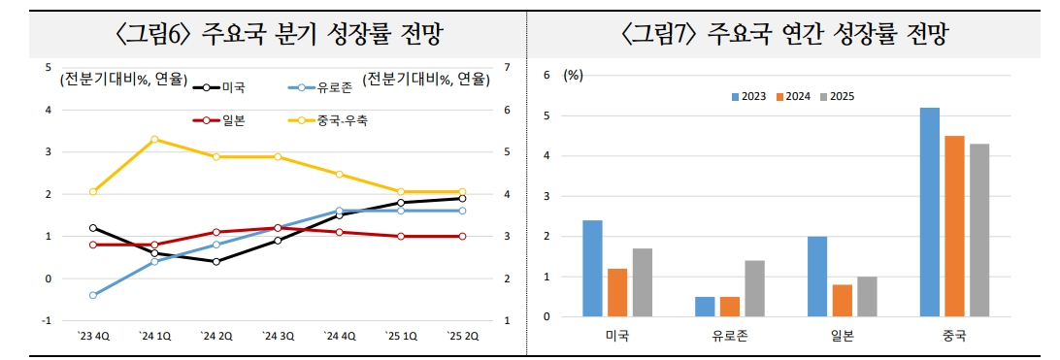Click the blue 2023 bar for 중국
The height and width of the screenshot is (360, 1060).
click(930, 212)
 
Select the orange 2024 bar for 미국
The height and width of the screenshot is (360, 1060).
click(617, 292)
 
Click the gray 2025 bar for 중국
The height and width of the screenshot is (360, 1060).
click(978, 230)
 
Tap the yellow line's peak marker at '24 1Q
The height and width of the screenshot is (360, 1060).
click(155, 139)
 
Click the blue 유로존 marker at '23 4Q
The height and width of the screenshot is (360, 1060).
click(93, 295)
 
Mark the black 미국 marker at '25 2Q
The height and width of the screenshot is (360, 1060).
click(462, 198)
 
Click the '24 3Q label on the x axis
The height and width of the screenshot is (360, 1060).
click(278, 337)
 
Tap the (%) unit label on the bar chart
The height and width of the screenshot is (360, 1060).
click(574, 75)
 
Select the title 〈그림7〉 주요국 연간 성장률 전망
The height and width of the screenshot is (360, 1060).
click(784, 35)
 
